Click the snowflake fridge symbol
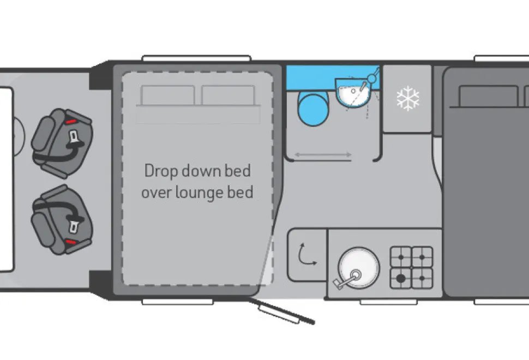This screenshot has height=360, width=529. (x=408, y=98)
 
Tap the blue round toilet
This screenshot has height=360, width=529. (x=314, y=109)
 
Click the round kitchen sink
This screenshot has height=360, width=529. (x=359, y=268)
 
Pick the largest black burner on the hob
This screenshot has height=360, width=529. (x=401, y=278)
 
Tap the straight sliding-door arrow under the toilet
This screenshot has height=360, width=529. (x=323, y=155)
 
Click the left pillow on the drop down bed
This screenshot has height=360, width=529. (x=167, y=95)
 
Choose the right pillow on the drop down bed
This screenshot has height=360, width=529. (x=228, y=95)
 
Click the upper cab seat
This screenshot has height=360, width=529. (x=62, y=143)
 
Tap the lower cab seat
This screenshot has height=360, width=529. (x=62, y=220)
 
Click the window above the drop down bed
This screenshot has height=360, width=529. (x=196, y=58)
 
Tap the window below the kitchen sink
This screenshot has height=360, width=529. (x=389, y=302)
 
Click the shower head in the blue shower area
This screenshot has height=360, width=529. (x=372, y=79)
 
